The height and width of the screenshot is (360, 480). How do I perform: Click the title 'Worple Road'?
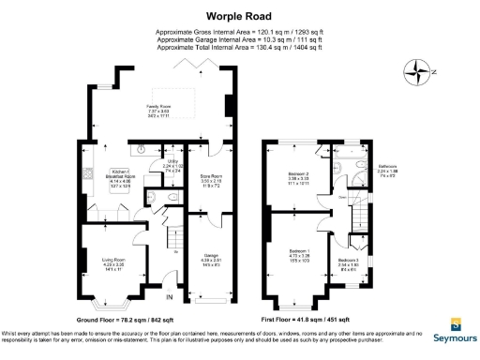(x=239, y=15)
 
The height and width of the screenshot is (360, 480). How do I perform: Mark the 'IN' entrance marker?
(x=170, y=297)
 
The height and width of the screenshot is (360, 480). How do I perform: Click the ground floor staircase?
(x=172, y=248)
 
